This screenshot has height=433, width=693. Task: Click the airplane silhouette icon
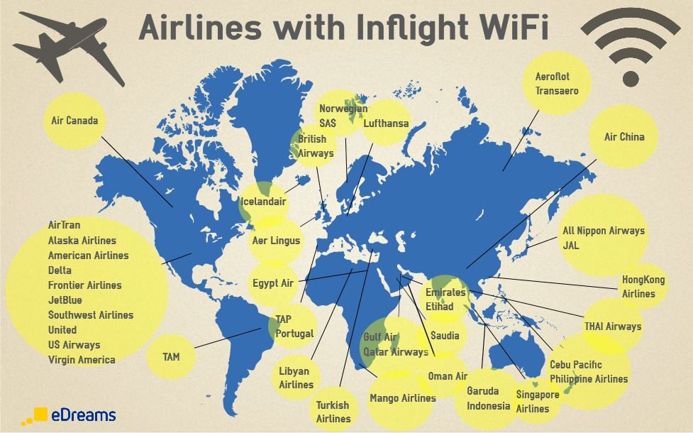pyautogui.click(x=69, y=48)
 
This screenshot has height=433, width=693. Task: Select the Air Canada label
pyautogui.click(x=74, y=120)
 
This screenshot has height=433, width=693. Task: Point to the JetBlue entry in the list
pyautogui.click(x=65, y=300)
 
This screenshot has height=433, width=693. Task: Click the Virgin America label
pyautogui.click(x=82, y=360)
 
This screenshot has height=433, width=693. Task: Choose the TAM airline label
pyautogui.click(x=171, y=356)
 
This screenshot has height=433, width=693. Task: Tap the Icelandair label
pyautogui.click(x=264, y=201)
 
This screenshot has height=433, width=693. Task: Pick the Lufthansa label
pyautogui.click(x=386, y=124)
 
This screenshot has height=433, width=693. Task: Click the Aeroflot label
pyautogui.click(x=553, y=76)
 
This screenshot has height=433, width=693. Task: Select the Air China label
pyautogui.click(x=624, y=136)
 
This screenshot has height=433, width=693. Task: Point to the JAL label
pyautogui.click(x=572, y=245)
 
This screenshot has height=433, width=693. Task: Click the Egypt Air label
pyautogui.click(x=273, y=283)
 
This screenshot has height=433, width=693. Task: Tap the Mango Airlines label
pyautogui.click(x=402, y=398)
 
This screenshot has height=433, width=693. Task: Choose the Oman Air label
pyautogui.click(x=447, y=376)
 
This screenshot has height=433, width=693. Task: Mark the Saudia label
pyautogui.click(x=445, y=336)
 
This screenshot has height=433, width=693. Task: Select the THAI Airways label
pyautogui.click(x=612, y=327)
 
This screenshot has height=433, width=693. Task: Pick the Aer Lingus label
pyautogui.click(x=276, y=241)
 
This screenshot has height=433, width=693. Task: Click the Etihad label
pyautogui.click(x=440, y=307)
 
